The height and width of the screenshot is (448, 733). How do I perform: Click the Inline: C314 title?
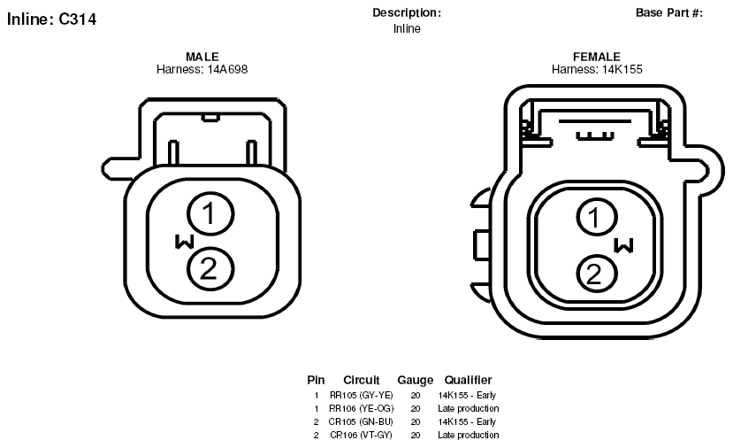pyautogui.click(x=51, y=19)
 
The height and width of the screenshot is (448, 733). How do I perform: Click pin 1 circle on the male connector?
pyautogui.click(x=210, y=214)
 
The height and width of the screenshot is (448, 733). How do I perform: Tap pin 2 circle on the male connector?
pyautogui.click(x=210, y=269)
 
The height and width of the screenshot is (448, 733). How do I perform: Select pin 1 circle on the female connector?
pyautogui.click(x=597, y=217)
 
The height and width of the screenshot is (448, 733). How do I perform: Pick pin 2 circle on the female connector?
pyautogui.click(x=597, y=274)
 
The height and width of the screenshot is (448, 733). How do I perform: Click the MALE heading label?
pyautogui.click(x=202, y=57)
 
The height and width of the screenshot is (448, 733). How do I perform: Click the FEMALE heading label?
pyautogui.click(x=597, y=57)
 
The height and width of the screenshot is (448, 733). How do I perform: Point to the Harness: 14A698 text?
pyautogui.click(x=202, y=69)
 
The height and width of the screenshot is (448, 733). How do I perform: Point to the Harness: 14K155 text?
pyautogui.click(x=597, y=69)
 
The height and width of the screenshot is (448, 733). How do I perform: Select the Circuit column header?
pyautogui.click(x=362, y=380)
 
